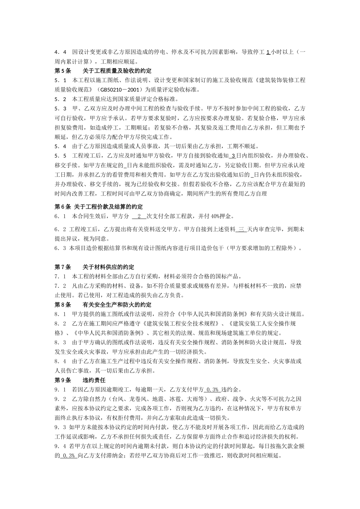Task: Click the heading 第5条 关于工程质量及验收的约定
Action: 103,71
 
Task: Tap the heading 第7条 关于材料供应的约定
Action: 94,267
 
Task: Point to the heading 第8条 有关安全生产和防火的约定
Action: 103,304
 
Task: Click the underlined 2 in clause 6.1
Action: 139,216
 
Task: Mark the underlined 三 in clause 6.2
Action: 241,230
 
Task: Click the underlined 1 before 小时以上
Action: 268,52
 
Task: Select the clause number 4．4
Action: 61,52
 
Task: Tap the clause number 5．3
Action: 61,109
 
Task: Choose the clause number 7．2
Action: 61,286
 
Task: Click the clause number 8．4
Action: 61,361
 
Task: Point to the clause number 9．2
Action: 61,399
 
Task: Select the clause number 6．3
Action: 60,248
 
